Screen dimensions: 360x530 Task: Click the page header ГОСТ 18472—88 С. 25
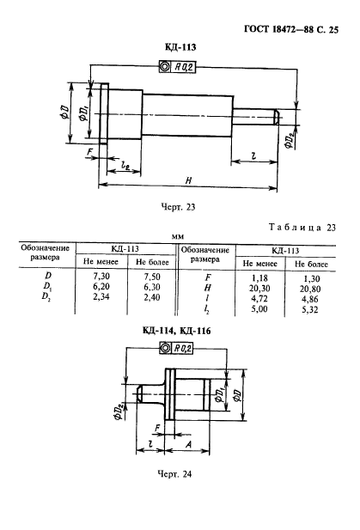click(x=290, y=30)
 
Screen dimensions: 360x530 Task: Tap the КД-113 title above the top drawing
click(x=180, y=47)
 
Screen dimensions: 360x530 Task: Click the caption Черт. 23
click(x=178, y=206)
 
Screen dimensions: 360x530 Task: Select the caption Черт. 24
click(x=174, y=474)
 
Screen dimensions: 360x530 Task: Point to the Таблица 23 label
click(x=302, y=227)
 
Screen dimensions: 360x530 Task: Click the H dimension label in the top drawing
click(x=188, y=180)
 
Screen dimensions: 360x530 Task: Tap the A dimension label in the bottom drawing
click(x=188, y=444)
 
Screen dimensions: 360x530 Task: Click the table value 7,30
click(x=101, y=276)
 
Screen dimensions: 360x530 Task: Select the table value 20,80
click(x=310, y=289)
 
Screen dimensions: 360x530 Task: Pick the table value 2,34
click(x=101, y=296)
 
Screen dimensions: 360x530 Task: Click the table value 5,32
click(x=309, y=309)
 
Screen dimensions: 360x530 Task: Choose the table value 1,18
click(x=259, y=277)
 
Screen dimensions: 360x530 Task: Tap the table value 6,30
click(x=152, y=287)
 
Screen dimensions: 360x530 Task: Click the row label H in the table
click(x=207, y=288)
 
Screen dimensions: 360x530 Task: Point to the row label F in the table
click(x=208, y=277)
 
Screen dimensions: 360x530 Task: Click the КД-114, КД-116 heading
click(x=176, y=331)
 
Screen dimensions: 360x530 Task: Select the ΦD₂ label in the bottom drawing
click(x=119, y=410)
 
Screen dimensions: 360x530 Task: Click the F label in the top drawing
click(x=88, y=152)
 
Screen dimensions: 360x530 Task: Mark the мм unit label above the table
click(x=178, y=237)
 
